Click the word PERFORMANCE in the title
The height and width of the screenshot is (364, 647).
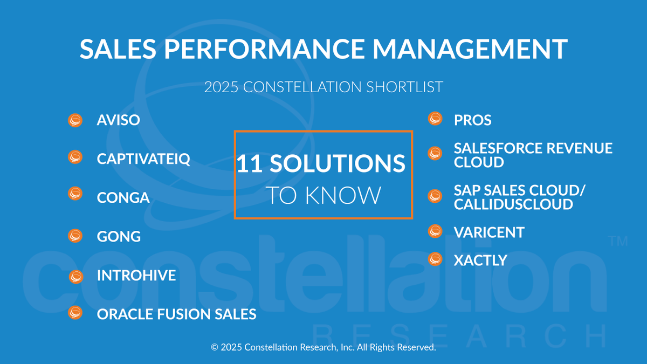pos(260,49)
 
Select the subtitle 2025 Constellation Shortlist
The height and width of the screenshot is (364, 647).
pos(323,86)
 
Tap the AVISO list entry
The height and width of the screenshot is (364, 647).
pos(118,120)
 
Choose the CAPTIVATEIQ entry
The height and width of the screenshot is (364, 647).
pos(143,159)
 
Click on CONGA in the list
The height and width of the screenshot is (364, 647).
pos(123,197)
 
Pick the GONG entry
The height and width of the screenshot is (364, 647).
pos(119,236)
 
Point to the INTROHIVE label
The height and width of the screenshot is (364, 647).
pos(136,276)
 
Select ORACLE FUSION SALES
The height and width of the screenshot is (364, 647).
pos(176,314)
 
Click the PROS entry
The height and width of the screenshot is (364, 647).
pos(472,120)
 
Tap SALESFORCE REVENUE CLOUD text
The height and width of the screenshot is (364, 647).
pos(533,155)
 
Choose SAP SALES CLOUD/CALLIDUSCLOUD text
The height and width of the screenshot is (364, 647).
pos(519,197)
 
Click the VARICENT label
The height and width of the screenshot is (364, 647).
pos(488,232)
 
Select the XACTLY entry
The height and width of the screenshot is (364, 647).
pos(480,260)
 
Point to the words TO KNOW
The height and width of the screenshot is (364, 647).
pos(323,196)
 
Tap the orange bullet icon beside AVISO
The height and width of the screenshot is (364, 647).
pos(75,120)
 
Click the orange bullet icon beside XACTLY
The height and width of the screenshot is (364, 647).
pos(435,259)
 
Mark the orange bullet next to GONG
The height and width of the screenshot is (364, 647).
pos(75,236)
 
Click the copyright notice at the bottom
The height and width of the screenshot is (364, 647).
pos(323,348)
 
